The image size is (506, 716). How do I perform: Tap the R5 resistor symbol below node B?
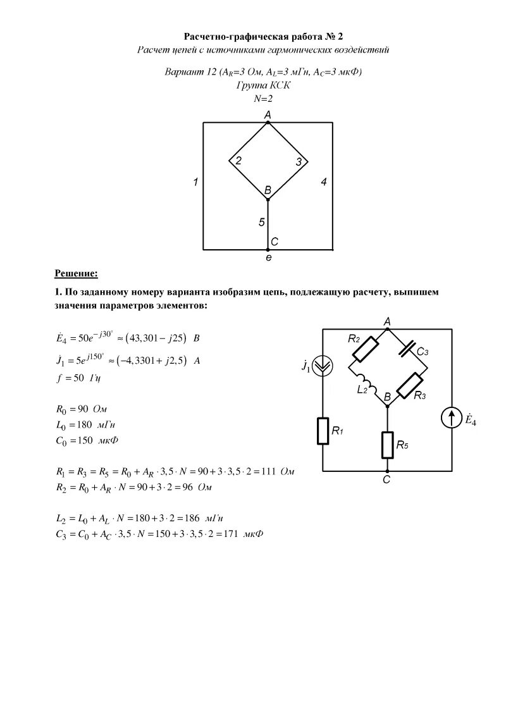click(387, 444)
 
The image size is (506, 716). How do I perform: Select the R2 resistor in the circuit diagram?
click(364, 349)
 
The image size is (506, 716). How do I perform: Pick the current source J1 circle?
click(323, 365)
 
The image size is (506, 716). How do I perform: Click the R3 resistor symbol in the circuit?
click(410, 385)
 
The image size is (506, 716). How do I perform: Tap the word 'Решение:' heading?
click(76, 273)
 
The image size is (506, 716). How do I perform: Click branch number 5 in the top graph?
click(261, 222)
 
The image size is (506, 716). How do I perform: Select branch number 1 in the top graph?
click(196, 182)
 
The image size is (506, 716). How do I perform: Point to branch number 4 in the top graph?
click(323, 182)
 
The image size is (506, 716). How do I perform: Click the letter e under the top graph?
click(268, 258)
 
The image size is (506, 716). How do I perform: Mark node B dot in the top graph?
click(268, 200)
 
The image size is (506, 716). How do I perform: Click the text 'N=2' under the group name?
click(262, 98)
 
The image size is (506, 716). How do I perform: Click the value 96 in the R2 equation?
click(182, 488)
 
